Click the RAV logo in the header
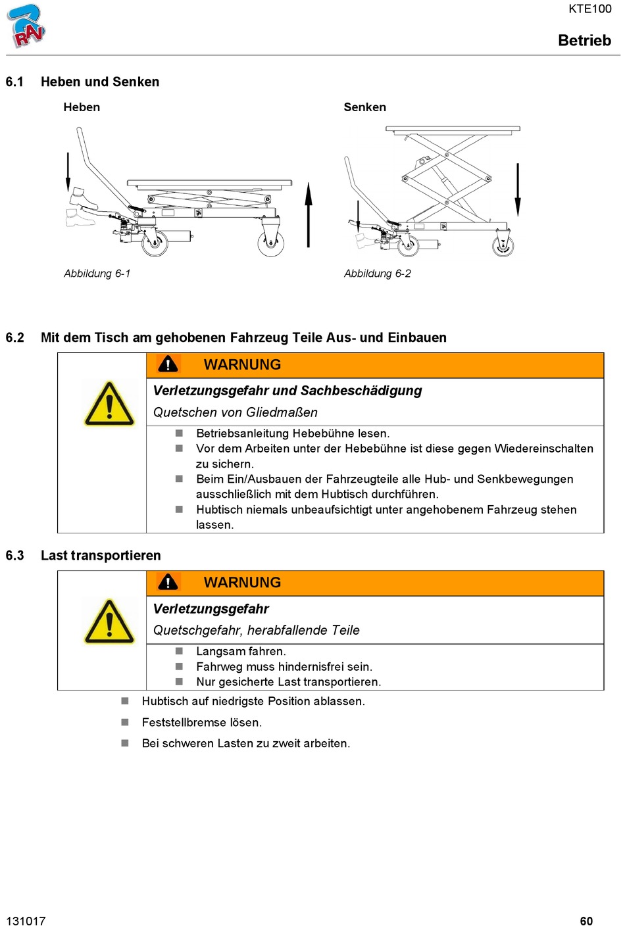pyautogui.click(x=26, y=26)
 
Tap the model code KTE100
pyautogui.click(x=589, y=9)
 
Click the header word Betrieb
pyautogui.click(x=584, y=41)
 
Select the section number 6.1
pyautogui.click(x=14, y=82)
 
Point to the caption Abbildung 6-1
pyautogui.click(x=97, y=274)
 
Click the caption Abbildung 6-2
pyautogui.click(x=377, y=274)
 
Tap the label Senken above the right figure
pyautogui.click(x=364, y=107)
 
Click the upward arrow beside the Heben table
pyautogui.click(x=309, y=214)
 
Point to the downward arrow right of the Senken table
pyautogui.click(x=518, y=189)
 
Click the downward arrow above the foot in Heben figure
pyautogui.click(x=68, y=172)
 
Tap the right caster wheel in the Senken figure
pyautogui.click(x=503, y=246)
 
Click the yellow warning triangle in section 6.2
pyautogui.click(x=109, y=404)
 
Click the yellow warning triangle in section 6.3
pyautogui.click(x=109, y=622)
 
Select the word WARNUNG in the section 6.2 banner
pyautogui.click(x=242, y=365)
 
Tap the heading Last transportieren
pyautogui.click(x=101, y=556)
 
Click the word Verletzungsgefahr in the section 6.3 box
pyautogui.click(x=211, y=609)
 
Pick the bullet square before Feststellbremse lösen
pyautogui.click(x=125, y=722)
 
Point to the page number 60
pyautogui.click(x=586, y=921)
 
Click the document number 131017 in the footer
pyautogui.click(x=26, y=921)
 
